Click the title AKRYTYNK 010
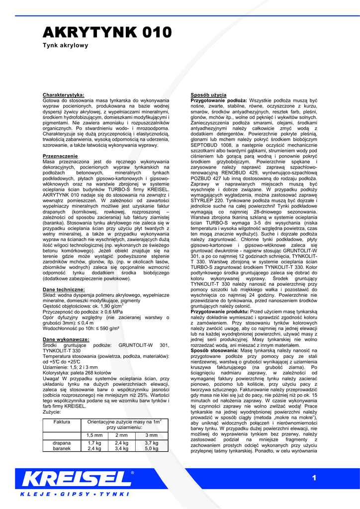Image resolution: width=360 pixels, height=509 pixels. click(x=107, y=33)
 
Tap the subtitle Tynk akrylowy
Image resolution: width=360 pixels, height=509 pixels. click(x=65, y=45)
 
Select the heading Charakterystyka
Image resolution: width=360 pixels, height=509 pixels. click(x=64, y=94)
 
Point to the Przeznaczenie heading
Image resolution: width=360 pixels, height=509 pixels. click(x=61, y=156)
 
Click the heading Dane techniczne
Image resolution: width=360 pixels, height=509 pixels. click(x=64, y=289)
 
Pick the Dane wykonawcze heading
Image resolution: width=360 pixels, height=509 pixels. click(x=66, y=339)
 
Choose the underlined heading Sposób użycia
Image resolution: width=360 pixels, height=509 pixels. click(x=209, y=94)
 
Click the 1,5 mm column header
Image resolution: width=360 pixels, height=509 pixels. click(x=94, y=435)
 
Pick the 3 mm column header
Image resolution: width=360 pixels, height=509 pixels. click(x=151, y=435)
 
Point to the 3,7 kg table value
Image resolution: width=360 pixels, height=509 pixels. click(x=151, y=442)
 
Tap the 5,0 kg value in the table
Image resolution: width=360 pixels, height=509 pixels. click(x=151, y=448)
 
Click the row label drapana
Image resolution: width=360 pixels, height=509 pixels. click(x=62, y=442)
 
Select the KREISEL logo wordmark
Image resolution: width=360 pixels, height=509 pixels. click(x=76, y=480)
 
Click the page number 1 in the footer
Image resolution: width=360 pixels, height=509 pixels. click(x=314, y=478)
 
